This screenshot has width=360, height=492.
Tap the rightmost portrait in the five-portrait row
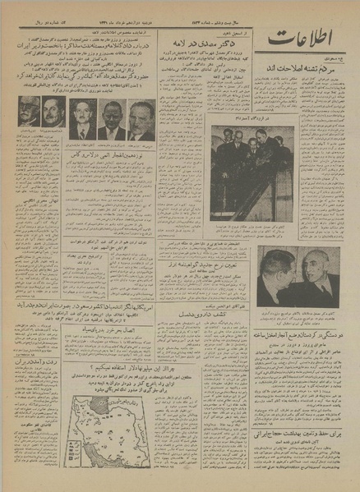141,120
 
